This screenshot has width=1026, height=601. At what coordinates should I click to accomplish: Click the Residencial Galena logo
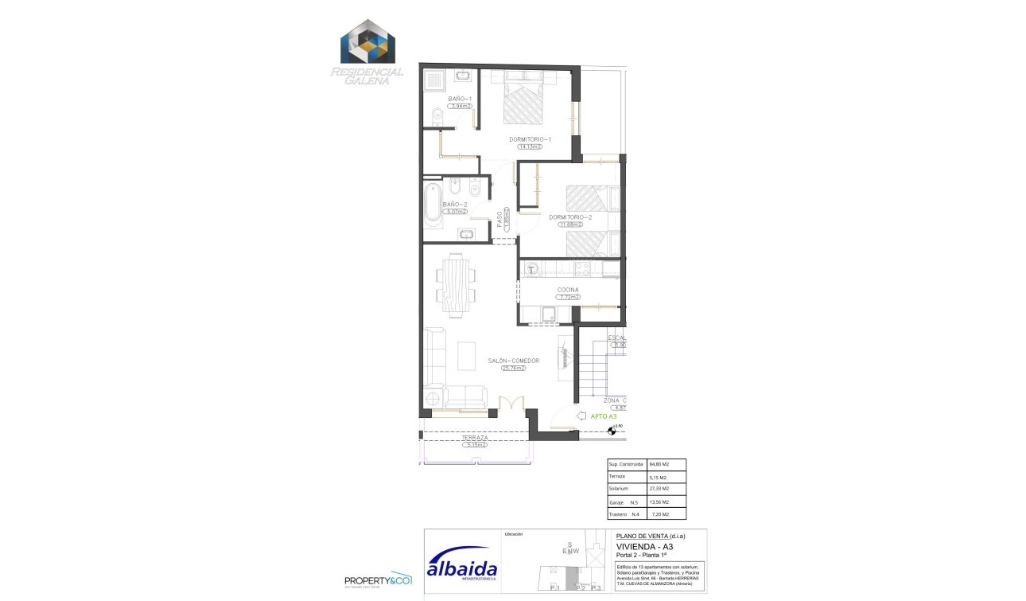(367, 52)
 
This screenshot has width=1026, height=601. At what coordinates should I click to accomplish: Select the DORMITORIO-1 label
(530, 139)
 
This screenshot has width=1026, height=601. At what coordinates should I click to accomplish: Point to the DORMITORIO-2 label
(570, 217)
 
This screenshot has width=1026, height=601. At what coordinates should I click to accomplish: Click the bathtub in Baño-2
(433, 205)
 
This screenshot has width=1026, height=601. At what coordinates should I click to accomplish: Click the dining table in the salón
(457, 285)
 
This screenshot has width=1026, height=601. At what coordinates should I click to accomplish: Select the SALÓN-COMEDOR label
(513, 361)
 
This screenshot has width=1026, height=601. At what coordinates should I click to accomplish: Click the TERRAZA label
(475, 438)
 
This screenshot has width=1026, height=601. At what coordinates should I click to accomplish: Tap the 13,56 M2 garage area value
(659, 502)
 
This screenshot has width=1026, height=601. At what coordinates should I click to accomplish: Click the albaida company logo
(461, 565)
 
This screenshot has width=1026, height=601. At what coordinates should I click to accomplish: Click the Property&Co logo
(377, 581)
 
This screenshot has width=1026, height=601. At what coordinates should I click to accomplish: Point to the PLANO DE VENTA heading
(650, 536)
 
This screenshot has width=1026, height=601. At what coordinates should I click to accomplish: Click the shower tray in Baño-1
(436, 80)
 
